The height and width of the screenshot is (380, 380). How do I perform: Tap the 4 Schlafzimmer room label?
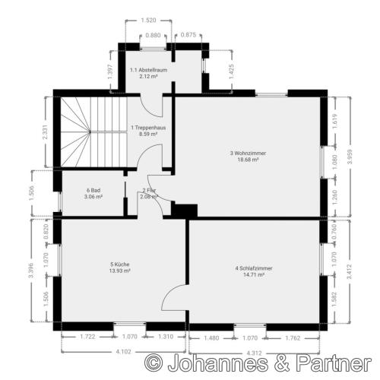(254, 269)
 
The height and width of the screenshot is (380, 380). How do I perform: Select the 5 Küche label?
(120, 264)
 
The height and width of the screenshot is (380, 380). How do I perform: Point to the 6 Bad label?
(94, 190)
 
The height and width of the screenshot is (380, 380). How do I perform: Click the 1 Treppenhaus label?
(147, 128)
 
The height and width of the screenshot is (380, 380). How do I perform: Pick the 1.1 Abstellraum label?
(148, 70)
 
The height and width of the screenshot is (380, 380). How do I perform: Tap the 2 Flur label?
(148, 190)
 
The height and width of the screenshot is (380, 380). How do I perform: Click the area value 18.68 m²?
(248, 160)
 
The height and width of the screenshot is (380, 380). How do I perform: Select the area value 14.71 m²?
(254, 276)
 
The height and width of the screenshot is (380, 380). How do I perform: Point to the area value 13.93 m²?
(120, 271)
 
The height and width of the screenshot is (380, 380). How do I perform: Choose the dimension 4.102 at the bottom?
(122, 350)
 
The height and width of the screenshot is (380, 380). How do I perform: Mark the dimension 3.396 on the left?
(30, 271)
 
